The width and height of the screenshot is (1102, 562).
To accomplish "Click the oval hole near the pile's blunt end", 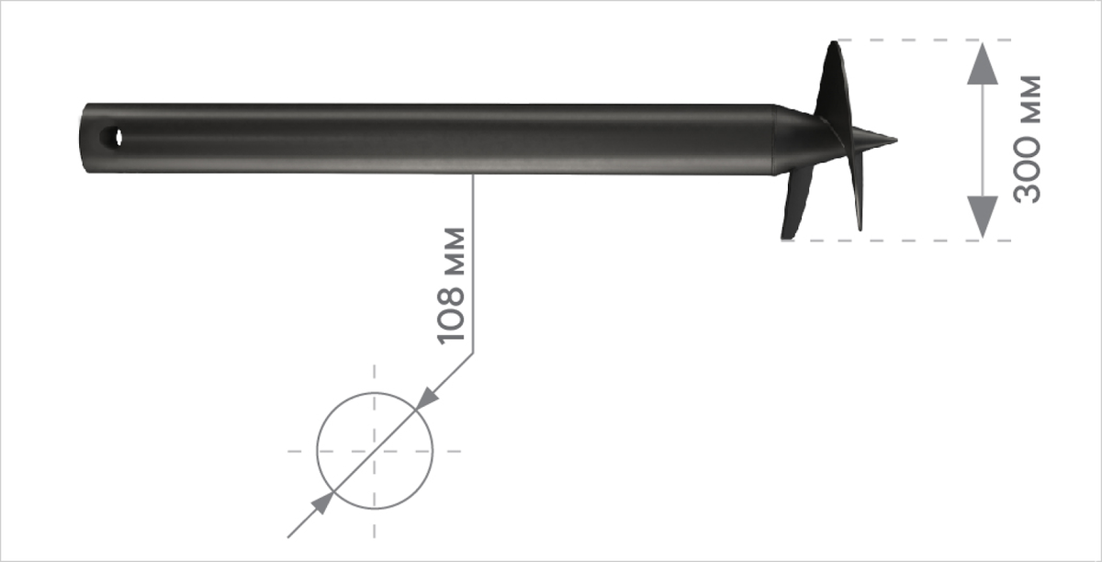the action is coord(112,138).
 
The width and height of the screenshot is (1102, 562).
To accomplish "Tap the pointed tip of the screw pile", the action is coord(896,140).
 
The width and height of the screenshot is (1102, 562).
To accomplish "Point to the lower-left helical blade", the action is coord(796,202).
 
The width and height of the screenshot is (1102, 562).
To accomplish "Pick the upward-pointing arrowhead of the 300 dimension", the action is coord(983,63).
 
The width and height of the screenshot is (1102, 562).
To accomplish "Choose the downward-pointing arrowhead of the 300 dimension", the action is coord(983,217).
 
